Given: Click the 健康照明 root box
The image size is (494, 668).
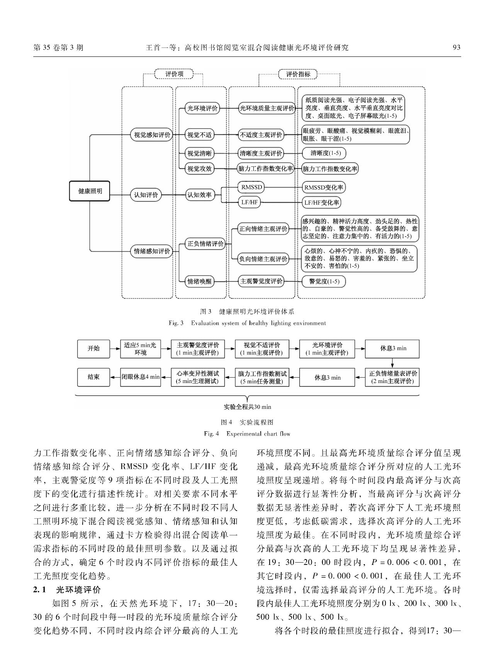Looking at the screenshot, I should click(x=90, y=191).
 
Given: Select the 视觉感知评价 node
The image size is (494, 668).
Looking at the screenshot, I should click(x=152, y=135).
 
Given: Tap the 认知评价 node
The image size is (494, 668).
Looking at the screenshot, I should click(x=146, y=195).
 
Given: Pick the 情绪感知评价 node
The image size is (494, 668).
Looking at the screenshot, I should click(x=152, y=251).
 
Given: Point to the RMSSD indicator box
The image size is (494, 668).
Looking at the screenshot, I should click(x=251, y=188).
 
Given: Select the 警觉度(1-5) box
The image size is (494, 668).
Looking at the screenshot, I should click(x=324, y=281).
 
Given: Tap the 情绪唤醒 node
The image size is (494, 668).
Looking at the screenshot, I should click(x=199, y=281).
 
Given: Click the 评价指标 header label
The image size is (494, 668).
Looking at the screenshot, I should click(x=298, y=74).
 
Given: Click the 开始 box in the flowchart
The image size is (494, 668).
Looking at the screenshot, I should click(x=93, y=348).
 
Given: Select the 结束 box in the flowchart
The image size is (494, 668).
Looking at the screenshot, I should click(x=93, y=377).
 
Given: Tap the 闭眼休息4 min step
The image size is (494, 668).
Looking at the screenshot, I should click(x=141, y=377).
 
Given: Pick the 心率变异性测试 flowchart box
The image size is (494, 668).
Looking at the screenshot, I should click(x=197, y=377).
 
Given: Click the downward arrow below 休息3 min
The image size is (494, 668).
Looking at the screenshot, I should click(x=392, y=363).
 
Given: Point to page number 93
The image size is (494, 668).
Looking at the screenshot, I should click(x=456, y=47).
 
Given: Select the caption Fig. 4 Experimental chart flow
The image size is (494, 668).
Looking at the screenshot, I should click(x=247, y=434).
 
